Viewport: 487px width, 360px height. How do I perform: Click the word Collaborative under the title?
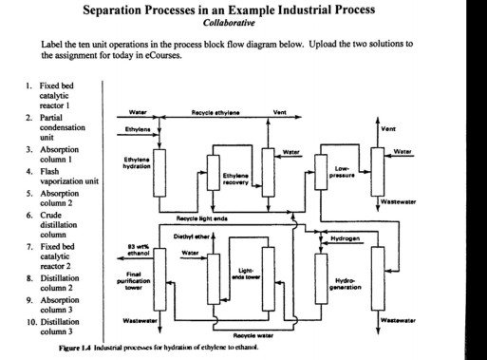coord(242,26)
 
